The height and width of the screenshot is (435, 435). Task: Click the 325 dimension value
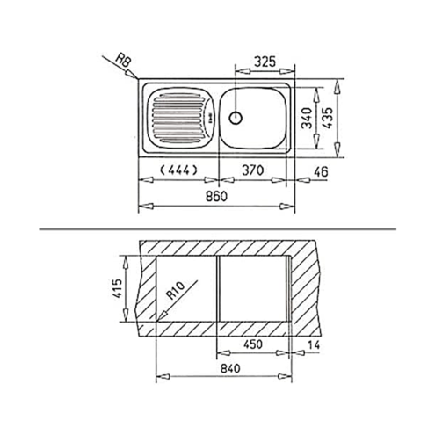click(265, 62)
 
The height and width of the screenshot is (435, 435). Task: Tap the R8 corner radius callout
click(123, 61)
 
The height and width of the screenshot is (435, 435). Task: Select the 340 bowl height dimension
click(307, 118)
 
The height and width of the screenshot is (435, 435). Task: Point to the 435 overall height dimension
click(327, 118)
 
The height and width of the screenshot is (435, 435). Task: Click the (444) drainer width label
click(178, 170)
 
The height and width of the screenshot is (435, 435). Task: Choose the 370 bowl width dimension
click(253, 170)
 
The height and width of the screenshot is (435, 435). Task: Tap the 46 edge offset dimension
click(321, 172)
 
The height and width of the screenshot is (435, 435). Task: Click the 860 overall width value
click(216, 196)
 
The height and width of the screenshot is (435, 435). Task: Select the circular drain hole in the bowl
click(236, 118)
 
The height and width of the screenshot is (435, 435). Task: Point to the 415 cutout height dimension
click(117, 288)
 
